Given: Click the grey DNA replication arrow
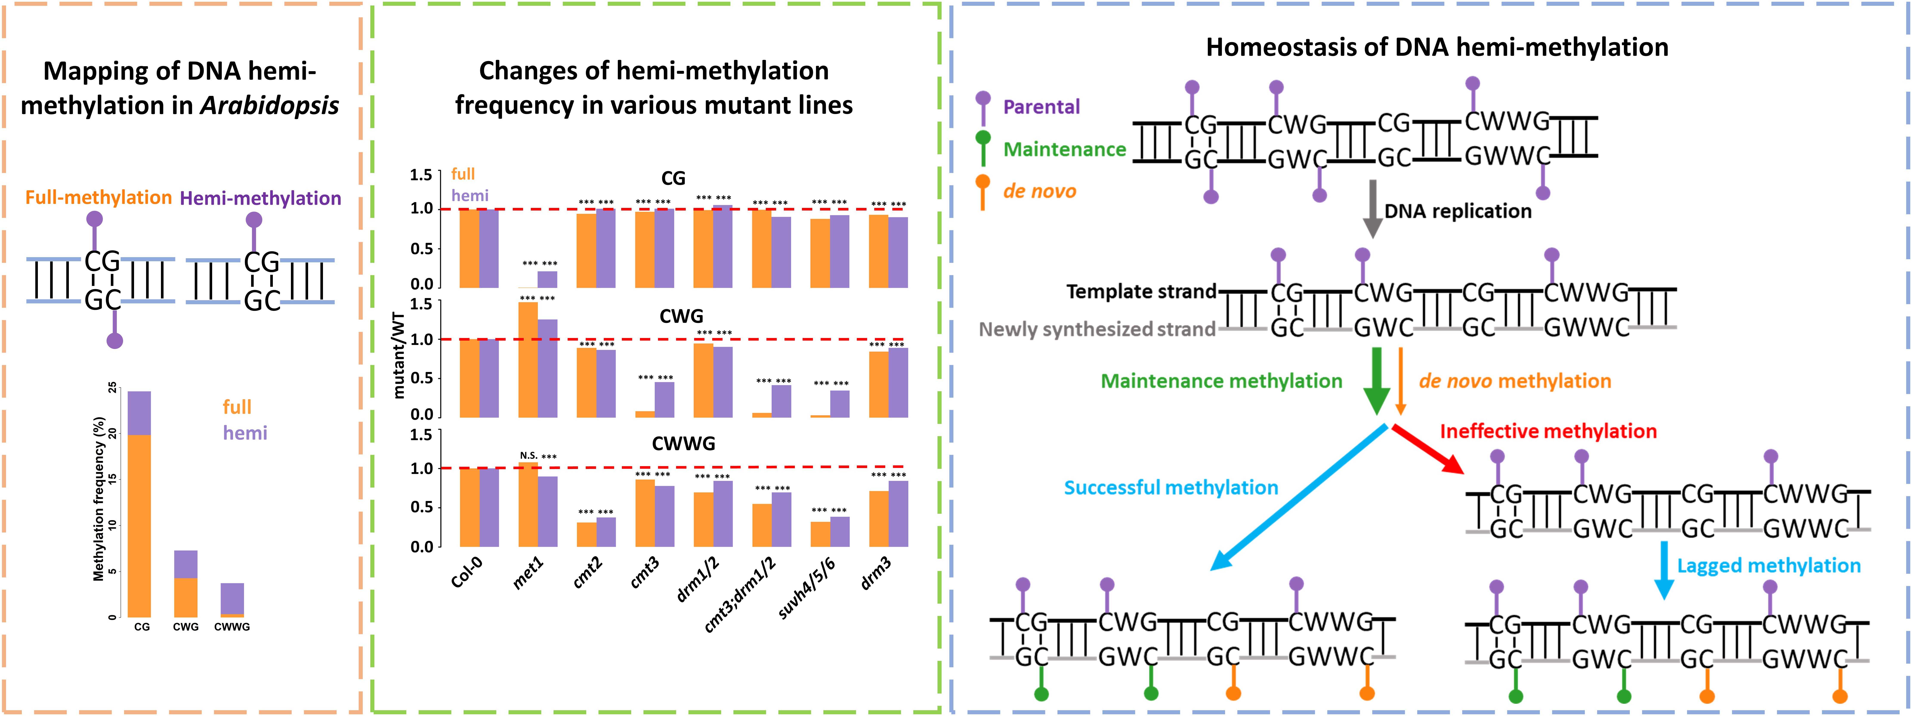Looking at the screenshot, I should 1372,208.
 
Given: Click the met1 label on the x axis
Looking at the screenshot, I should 528,573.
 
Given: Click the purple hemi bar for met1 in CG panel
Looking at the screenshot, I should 547,279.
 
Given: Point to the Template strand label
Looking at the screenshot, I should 1141,292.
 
